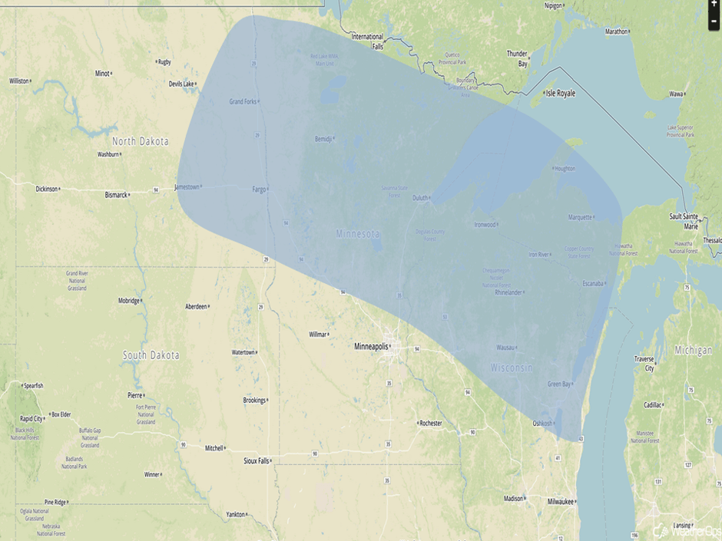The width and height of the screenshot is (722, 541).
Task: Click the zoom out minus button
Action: pos(714,21)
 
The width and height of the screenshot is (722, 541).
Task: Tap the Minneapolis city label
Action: pos(371,347)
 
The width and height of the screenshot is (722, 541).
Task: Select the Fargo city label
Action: pos(260,189)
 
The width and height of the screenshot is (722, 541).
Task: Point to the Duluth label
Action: pos(420,198)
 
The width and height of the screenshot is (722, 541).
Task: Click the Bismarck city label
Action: pos(116,195)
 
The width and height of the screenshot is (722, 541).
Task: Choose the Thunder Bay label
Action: pos(517,58)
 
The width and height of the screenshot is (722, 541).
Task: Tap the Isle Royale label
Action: pos(560,93)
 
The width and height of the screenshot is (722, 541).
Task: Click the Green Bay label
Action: pos(559,384)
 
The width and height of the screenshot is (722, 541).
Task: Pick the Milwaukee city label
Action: pos(561,501)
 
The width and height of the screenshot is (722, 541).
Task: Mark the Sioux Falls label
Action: pos(257,461)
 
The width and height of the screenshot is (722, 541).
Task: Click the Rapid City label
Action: pos(31,418)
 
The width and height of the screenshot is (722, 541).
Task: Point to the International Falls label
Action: pos(367,41)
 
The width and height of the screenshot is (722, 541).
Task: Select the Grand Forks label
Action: pos(243,101)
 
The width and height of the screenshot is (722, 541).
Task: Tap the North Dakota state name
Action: pos(140,141)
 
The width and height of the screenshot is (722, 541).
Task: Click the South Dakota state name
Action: pos(151,355)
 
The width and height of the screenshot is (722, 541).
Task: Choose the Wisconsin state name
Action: pos(512,368)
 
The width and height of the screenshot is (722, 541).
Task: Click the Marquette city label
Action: pos(580,217)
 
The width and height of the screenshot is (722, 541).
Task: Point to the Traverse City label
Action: pos(644,363)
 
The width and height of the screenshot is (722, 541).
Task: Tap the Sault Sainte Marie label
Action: pos(684,221)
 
